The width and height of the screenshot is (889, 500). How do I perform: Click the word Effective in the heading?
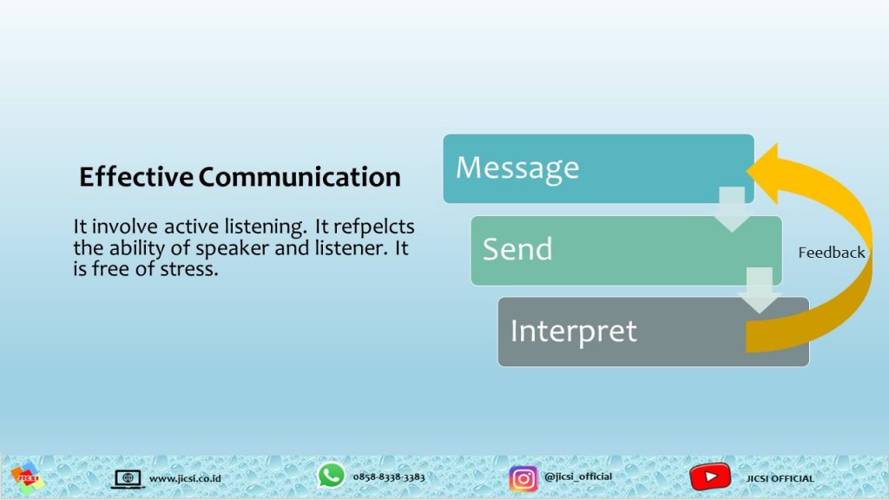(x=136, y=176)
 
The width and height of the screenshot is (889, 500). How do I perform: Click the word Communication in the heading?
(x=300, y=176)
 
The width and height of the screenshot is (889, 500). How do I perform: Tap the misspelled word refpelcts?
(x=373, y=227)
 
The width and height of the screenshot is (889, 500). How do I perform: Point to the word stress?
(x=189, y=269)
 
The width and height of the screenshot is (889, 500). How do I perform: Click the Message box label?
(x=517, y=168)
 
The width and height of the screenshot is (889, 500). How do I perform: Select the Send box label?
(x=517, y=249)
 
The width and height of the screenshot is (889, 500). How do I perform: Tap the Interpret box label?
(x=573, y=332)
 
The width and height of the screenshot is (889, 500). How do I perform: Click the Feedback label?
(x=831, y=253)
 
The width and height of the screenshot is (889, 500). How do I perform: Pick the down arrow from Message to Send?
(x=732, y=208)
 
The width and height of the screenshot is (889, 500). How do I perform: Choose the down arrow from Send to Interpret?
(x=759, y=290)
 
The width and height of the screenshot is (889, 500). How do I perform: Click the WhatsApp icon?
(x=331, y=475)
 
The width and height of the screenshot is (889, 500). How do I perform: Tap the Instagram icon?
(x=523, y=478)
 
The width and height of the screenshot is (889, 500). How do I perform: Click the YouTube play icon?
(x=710, y=477)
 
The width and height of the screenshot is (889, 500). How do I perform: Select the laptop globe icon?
(x=128, y=479)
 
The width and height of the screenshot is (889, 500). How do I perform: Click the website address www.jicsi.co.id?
(x=185, y=478)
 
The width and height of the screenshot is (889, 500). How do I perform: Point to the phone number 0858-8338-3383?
(x=389, y=477)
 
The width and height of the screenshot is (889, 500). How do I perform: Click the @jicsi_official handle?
(x=577, y=477)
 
